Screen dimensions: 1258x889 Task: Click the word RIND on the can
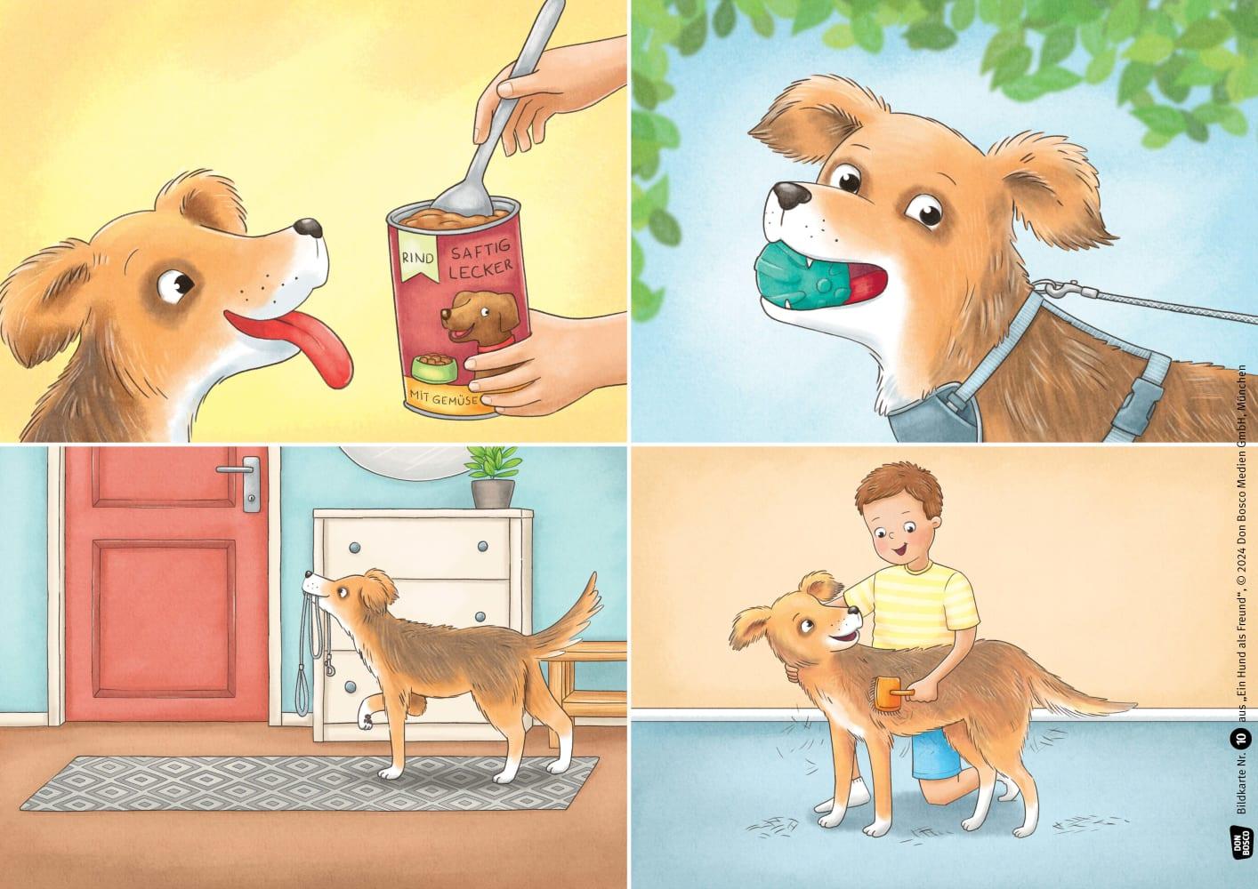click(x=417, y=258)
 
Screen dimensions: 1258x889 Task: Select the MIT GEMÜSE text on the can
click(x=443, y=398)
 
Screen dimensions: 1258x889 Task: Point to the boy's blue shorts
click(x=935, y=754)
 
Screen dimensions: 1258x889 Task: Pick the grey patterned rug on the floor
click(x=310, y=783)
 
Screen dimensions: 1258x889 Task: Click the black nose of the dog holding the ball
click(x=791, y=194)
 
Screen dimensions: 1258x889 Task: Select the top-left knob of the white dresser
click(x=353, y=548)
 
